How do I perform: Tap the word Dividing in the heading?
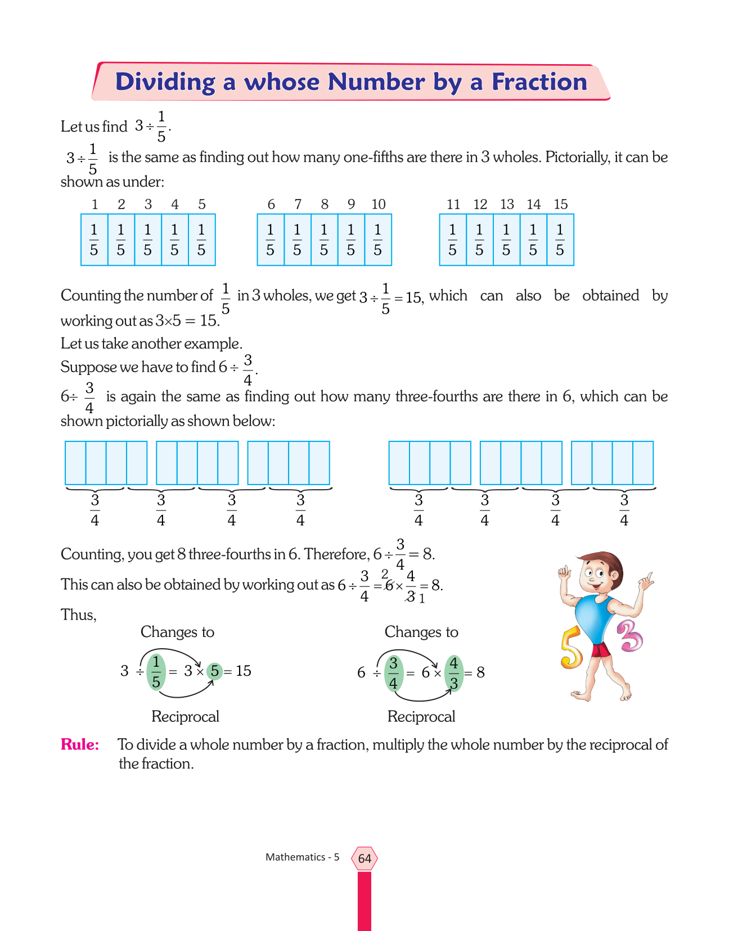tap(165, 82)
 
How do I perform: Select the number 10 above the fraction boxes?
tap(378, 205)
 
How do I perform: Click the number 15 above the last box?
tap(560, 205)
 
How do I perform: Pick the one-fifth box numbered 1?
tap(94, 239)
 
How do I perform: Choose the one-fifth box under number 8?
tap(324, 239)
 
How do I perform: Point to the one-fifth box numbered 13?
tap(506, 239)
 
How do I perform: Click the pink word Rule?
tap(79, 744)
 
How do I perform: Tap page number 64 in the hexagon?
tap(364, 858)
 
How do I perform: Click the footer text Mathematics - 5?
tap(302, 857)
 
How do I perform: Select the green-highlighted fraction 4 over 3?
tap(454, 673)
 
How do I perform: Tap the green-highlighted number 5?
tap(214, 671)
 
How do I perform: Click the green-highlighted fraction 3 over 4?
tap(393, 673)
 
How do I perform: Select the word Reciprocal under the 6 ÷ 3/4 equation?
tap(421, 717)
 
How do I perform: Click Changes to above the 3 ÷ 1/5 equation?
tap(177, 632)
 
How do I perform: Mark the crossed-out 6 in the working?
tap(388, 585)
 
